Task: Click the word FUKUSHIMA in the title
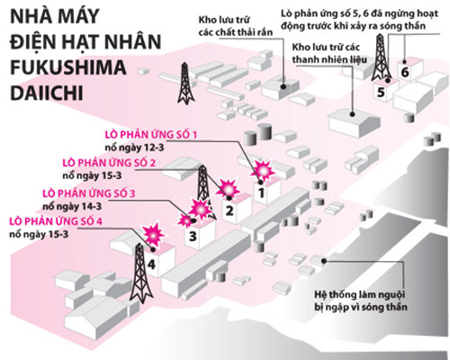(x=68, y=67)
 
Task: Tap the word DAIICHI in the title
(x=47, y=94)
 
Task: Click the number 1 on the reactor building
(x=261, y=193)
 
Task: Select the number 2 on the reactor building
(x=229, y=211)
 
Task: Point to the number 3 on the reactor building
(x=193, y=236)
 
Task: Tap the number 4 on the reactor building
(x=151, y=265)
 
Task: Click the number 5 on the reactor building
(x=381, y=92)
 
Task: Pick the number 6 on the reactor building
(x=405, y=72)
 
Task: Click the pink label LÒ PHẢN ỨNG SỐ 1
(x=151, y=134)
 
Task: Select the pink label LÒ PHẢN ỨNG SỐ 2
(x=109, y=163)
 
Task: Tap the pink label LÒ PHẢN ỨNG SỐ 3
(x=89, y=193)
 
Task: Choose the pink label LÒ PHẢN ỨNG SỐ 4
(x=56, y=221)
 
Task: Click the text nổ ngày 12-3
(x=134, y=148)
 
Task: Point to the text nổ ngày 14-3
(x=72, y=206)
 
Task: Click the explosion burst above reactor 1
(x=264, y=170)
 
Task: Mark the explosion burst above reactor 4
(x=153, y=234)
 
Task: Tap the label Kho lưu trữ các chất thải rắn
(x=236, y=26)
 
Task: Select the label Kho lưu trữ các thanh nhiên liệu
(x=329, y=53)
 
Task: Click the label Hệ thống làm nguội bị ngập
(x=361, y=301)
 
